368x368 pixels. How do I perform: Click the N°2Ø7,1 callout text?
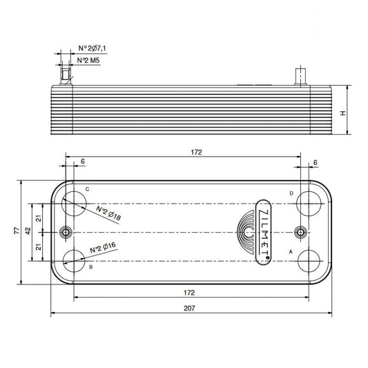(x=91, y=48)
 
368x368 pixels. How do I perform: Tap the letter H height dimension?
(x=342, y=113)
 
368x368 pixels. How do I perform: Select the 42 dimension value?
(x=28, y=232)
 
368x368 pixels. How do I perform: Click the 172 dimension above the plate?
(x=196, y=153)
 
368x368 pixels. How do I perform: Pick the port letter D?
(x=291, y=193)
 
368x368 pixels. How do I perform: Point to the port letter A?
(x=291, y=252)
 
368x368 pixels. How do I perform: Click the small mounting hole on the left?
(x=67, y=232)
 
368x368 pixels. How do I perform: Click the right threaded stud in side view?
(x=300, y=76)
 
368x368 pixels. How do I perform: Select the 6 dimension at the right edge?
(x=315, y=162)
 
